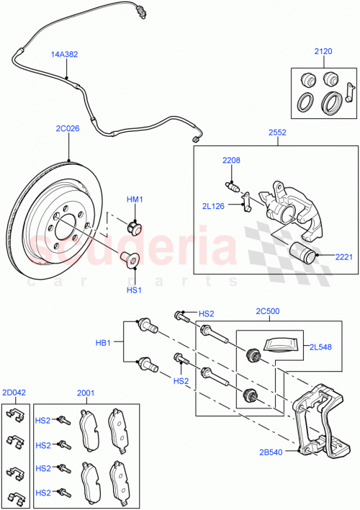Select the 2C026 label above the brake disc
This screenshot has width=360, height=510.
67,130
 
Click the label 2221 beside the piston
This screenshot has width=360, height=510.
343,256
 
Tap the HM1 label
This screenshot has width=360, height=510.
135,200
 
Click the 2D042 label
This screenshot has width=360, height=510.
14,393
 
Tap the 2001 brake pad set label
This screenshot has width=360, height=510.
86,393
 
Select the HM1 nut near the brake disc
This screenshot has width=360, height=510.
133,228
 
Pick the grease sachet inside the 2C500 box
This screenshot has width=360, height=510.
278,345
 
